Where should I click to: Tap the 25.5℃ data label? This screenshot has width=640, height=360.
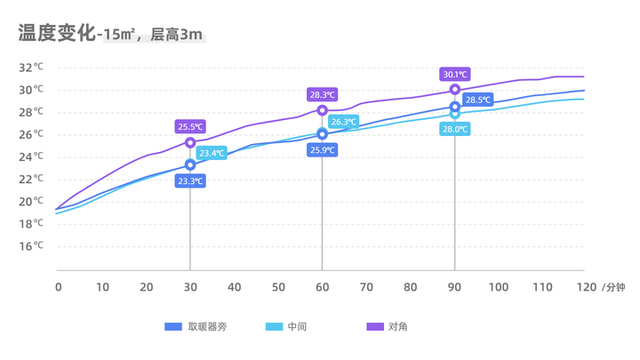[190, 127]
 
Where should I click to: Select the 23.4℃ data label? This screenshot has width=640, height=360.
[211, 153]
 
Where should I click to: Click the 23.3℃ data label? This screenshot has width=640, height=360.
[190, 181]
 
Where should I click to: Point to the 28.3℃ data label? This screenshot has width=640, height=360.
[322, 94]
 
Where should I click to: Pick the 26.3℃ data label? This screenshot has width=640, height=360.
[343, 122]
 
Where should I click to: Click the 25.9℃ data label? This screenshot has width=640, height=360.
[322, 150]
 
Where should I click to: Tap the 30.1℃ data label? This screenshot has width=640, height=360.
[455, 74]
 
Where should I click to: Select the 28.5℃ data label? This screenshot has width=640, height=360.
[477, 100]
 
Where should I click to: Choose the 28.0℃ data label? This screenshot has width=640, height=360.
[455, 129]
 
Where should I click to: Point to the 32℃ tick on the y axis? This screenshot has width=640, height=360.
[31, 67]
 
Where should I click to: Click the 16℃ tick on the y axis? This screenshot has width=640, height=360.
[31, 246]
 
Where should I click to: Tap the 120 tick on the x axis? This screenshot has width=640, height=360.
[584, 287]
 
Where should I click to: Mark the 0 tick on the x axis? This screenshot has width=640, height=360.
[58, 287]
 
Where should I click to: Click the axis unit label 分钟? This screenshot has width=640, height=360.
[614, 287]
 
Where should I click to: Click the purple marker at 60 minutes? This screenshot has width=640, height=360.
[322, 110]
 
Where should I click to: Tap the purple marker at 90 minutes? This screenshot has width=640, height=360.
[455, 90]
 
